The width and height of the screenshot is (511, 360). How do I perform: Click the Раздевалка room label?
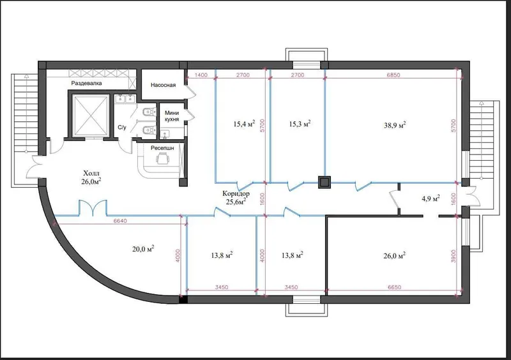tap(86, 84)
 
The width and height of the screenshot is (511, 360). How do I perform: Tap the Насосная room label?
tap(163, 85)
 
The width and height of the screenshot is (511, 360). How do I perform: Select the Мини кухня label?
tap(172, 116)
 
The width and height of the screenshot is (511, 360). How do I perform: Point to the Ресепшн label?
tap(162, 148)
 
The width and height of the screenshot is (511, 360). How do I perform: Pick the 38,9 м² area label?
tap(395, 125)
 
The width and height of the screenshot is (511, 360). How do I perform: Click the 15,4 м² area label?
tap(244, 124)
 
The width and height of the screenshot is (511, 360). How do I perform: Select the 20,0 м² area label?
tap(143, 249)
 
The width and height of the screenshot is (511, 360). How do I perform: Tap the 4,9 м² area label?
tap(431, 199)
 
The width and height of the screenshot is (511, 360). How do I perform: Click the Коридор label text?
tap(236, 193)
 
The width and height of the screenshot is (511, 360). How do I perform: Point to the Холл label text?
tap(91, 173)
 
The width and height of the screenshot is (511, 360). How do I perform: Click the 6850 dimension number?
tap(393, 75)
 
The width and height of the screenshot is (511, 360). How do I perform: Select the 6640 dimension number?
tap(120, 221)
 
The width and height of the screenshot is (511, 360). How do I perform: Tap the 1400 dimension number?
tap(201, 75)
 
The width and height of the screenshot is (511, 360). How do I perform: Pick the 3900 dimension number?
tap(454, 256)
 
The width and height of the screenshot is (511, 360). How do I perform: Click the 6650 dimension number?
tap(395, 287)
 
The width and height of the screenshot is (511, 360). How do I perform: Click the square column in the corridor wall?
tap(324, 183)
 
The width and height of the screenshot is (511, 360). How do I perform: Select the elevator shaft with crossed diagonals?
tap(91, 115)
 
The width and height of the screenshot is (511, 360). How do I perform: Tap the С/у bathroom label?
tap(122, 128)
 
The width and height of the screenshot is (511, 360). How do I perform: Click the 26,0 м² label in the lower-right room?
tap(395, 256)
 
